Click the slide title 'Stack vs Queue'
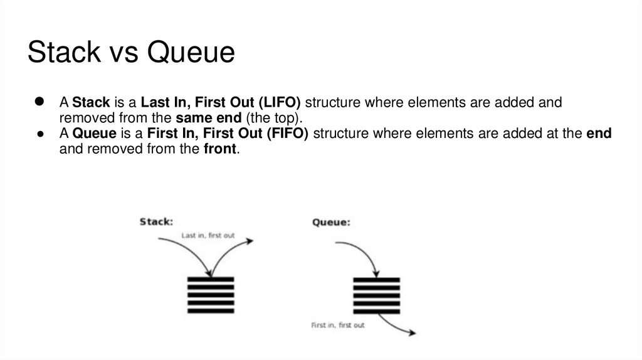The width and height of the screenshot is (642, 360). (x=131, y=52)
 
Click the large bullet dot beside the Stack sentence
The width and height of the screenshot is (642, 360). (x=38, y=102)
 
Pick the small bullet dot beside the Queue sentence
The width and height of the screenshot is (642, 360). (x=39, y=134)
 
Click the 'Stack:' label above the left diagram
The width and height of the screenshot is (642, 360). (x=156, y=221)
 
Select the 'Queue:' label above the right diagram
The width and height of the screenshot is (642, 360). (x=331, y=222)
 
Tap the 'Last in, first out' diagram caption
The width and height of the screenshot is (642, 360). (x=208, y=236)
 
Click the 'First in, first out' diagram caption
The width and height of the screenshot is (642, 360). (x=338, y=326)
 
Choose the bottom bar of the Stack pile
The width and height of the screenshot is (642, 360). (x=211, y=310)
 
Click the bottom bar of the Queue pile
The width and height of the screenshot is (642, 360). (x=376, y=311)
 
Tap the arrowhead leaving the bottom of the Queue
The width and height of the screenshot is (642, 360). (x=412, y=332)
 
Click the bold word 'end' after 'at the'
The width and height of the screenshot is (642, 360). (x=599, y=134)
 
